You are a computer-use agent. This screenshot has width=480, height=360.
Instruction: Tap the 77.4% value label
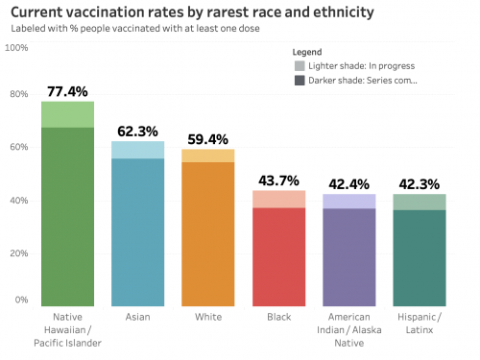click(67, 91)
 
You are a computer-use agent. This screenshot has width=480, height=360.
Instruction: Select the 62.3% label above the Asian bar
click(137, 132)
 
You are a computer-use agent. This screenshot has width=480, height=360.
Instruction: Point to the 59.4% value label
click(207, 139)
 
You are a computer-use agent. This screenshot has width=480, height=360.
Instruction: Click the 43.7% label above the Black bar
click(278, 180)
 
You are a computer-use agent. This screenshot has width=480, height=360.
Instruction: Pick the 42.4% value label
click(348, 184)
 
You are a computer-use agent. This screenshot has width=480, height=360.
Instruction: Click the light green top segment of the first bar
click(67, 114)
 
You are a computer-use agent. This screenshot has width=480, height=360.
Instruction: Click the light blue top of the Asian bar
click(137, 150)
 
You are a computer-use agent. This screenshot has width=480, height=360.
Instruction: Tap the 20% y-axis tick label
click(20, 249)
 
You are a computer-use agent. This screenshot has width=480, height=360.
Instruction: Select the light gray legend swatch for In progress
click(300, 65)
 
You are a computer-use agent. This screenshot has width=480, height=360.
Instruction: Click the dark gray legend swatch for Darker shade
click(300, 80)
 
